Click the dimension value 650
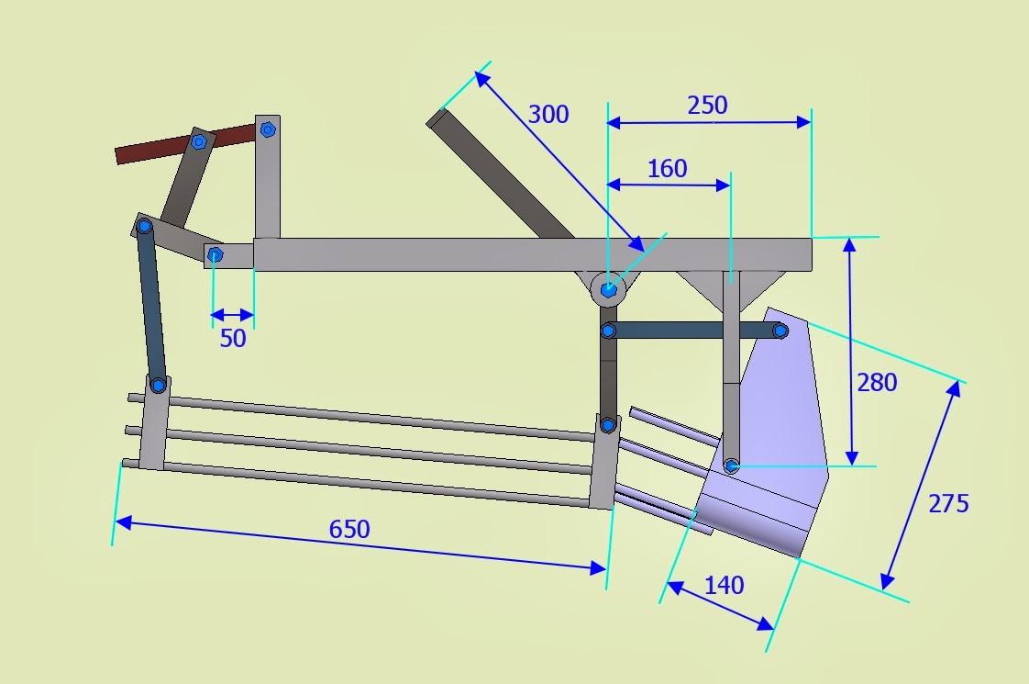(349, 529)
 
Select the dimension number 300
(548, 114)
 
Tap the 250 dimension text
(707, 105)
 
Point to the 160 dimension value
(667, 169)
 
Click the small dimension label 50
(233, 338)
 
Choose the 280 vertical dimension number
(877, 382)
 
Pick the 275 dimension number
(948, 503)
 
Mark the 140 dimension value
(725, 585)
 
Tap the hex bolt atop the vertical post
(268, 129)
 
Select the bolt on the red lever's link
(198, 142)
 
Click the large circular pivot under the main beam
(609, 290)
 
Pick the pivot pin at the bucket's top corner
(780, 330)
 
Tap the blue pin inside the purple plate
(732, 466)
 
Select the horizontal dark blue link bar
(692, 331)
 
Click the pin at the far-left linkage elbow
(145, 226)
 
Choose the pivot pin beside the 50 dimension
(215, 254)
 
